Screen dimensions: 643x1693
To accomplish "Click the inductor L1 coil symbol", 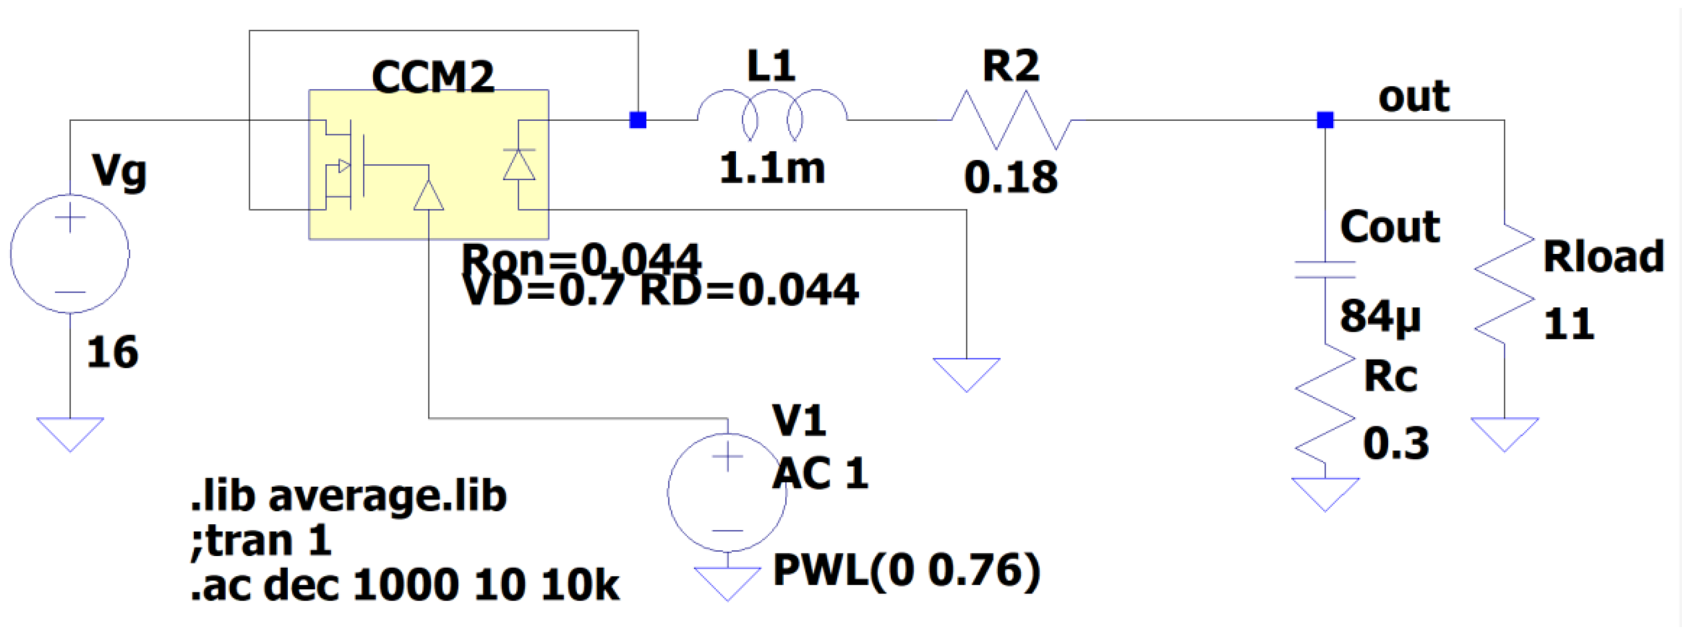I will click(x=772, y=115).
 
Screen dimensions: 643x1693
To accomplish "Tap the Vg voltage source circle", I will click(x=69, y=253).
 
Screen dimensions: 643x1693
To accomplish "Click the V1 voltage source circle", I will click(x=727, y=492).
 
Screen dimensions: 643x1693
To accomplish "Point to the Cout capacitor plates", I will click(x=1324, y=270).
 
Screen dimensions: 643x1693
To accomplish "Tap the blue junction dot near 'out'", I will click(x=1324, y=120).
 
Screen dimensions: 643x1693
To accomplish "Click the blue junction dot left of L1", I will click(x=637, y=120).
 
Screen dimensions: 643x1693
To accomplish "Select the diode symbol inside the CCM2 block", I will click(x=519, y=164).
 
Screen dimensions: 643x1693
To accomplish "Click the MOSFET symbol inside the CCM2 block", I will click(x=345, y=164).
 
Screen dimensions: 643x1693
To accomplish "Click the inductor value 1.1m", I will click(x=772, y=169).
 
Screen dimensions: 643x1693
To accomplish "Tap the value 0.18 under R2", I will click(x=1011, y=178).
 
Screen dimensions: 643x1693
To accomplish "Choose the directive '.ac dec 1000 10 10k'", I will click(x=404, y=585).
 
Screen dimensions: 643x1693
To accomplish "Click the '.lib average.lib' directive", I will click(x=348, y=496).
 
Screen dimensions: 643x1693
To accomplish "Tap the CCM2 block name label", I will click(x=432, y=77).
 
